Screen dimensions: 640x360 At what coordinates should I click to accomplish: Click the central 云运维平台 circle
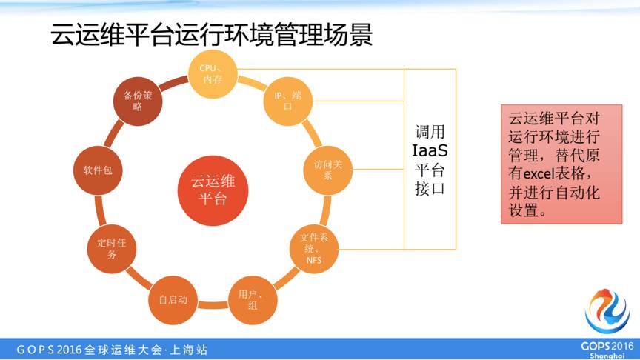click(x=213, y=190)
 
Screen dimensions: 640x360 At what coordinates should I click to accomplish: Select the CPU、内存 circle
click(x=213, y=74)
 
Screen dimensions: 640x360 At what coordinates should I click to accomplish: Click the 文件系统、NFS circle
click(x=314, y=248)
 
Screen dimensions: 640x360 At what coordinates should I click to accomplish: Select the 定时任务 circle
click(x=112, y=249)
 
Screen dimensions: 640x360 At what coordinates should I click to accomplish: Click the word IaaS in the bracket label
click(x=430, y=151)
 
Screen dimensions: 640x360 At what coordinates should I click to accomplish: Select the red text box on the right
click(x=561, y=164)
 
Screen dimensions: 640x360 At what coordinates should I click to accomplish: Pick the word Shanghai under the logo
click(x=607, y=356)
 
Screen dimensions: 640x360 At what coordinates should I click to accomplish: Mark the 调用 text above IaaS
click(x=430, y=132)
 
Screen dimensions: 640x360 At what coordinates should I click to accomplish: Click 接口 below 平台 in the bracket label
click(x=430, y=188)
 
